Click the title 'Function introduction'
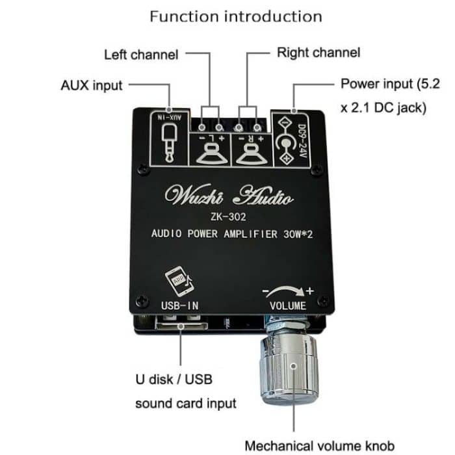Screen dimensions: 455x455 click(x=235, y=16)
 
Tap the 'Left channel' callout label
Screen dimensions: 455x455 click(x=141, y=55)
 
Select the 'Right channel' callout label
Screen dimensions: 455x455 click(x=318, y=52)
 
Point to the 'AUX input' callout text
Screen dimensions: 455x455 click(x=91, y=85)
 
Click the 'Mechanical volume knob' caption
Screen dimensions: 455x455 click(x=319, y=445)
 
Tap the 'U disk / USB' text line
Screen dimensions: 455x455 click(x=174, y=378)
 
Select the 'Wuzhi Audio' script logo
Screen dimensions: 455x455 click(x=229, y=196)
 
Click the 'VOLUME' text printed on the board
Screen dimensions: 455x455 click(x=287, y=305)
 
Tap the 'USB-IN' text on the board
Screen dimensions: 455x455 click(x=179, y=304)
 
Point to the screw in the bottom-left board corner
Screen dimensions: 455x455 click(x=138, y=302)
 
